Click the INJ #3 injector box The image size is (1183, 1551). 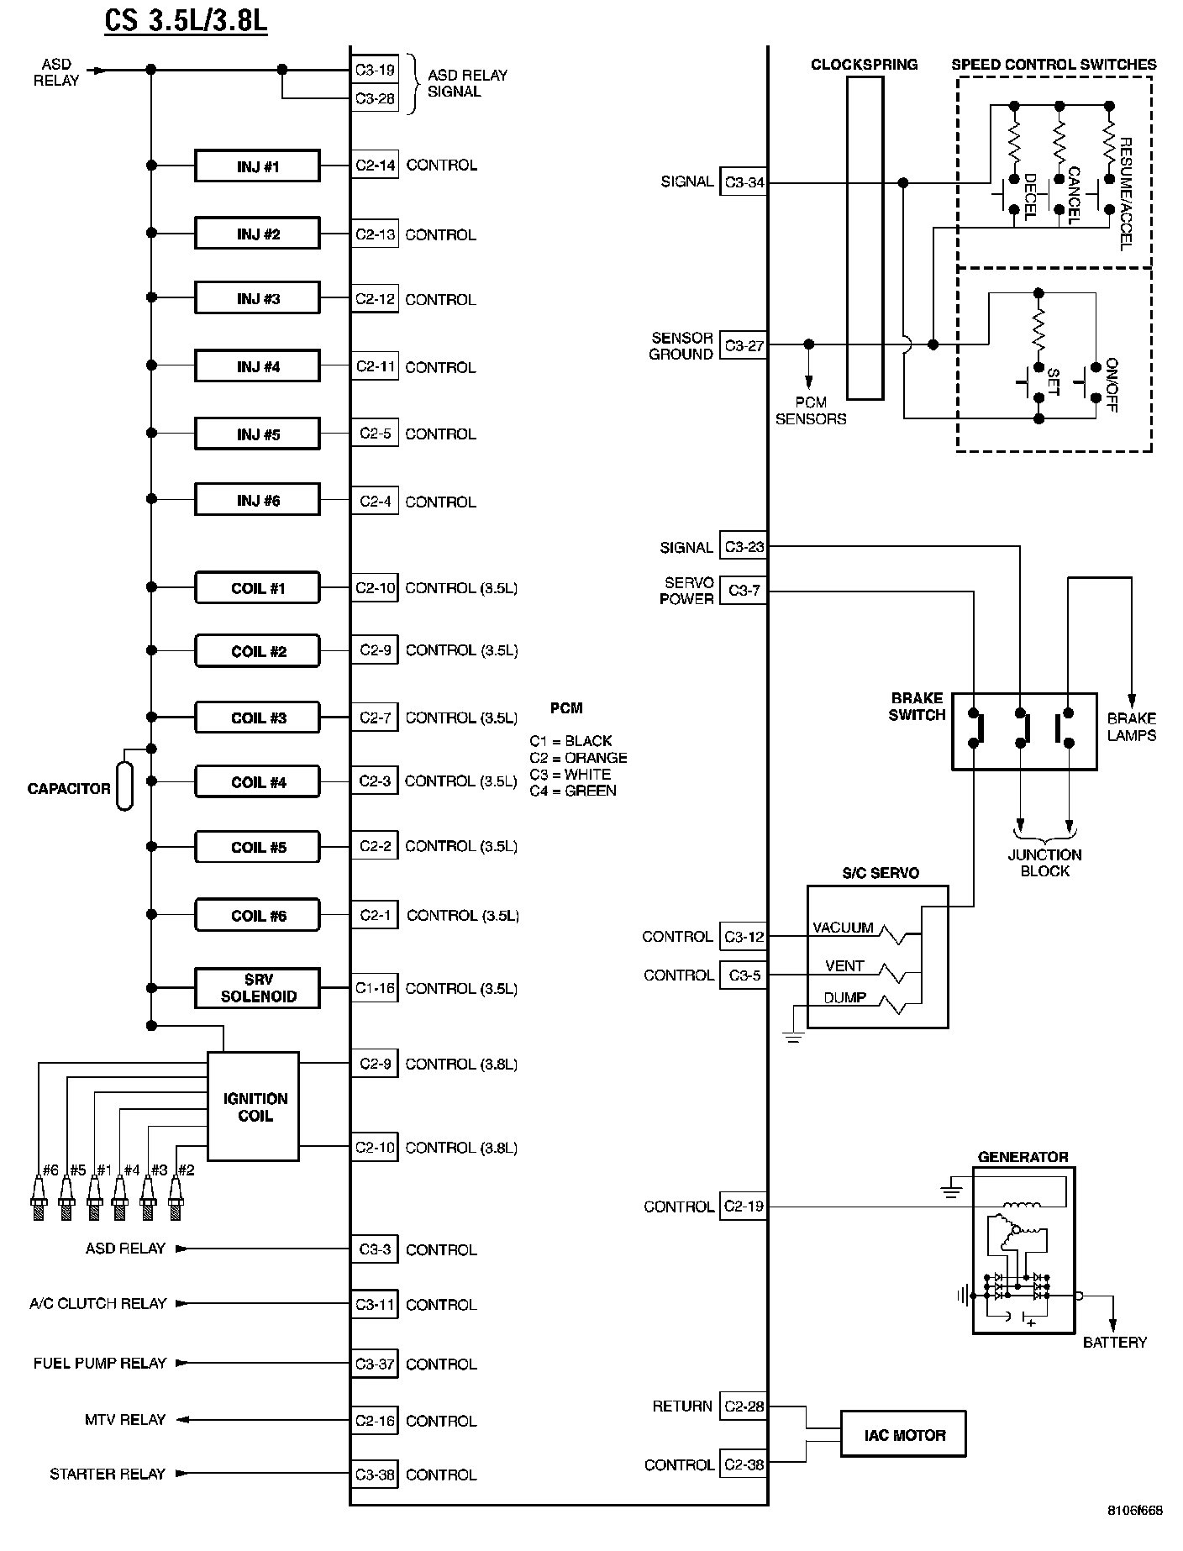pyautogui.click(x=257, y=298)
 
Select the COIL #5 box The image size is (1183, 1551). pyautogui.click(x=257, y=846)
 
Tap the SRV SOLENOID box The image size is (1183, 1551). pyautogui.click(x=257, y=988)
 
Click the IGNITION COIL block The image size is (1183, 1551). pyautogui.click(x=253, y=1107)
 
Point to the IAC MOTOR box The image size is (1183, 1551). pyautogui.click(x=903, y=1434)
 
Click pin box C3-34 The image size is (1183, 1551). pyautogui.click(x=744, y=182)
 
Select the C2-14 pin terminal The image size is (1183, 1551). pyautogui.click(x=375, y=166)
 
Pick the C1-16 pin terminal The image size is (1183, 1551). pyautogui.click(x=375, y=988)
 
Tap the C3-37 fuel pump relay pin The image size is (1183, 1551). pyautogui.click(x=375, y=1364)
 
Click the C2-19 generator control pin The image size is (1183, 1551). pyautogui.click(x=744, y=1207)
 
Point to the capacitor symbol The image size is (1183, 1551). pyautogui.click(x=124, y=786)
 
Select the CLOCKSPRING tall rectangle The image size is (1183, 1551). pyautogui.click(x=865, y=239)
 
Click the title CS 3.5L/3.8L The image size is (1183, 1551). pyautogui.click(x=186, y=19)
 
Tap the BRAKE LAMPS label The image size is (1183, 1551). pyautogui.click(x=1131, y=727)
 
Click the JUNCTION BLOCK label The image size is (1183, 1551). pyautogui.click(x=1044, y=863)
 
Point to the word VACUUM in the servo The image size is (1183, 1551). pyautogui.click(x=843, y=928)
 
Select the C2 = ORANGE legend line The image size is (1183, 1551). pyautogui.click(x=578, y=757)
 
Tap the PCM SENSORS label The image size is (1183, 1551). pyautogui.click(x=811, y=411)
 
